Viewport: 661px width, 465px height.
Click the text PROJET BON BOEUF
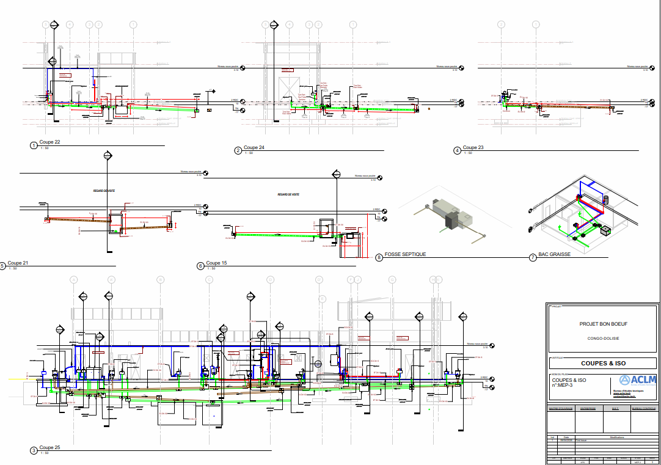603,324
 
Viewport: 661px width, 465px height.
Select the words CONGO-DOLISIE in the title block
603,337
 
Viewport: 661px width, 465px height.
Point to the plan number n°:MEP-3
563,385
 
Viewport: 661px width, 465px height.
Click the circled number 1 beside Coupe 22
34,145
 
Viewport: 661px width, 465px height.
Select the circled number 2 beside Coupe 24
238,150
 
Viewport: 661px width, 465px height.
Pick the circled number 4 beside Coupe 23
457,150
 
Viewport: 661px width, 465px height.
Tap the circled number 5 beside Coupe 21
2,266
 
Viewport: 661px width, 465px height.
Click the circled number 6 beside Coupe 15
200,266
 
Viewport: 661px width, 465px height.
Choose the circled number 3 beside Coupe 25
34,451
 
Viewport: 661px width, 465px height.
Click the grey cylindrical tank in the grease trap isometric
606,199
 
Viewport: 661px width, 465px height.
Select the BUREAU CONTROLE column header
644,409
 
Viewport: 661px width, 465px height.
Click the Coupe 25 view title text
49,448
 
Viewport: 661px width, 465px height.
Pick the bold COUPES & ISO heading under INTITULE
603,364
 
